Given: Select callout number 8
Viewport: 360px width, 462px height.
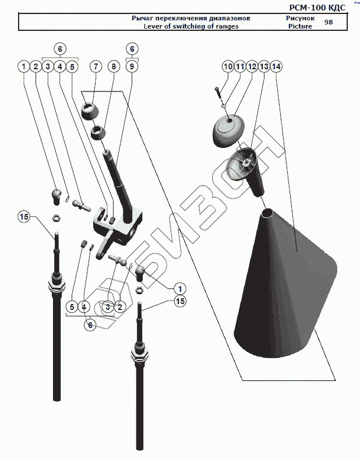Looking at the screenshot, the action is tap(114, 66).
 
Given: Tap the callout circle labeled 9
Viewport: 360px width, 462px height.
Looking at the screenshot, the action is tap(132, 66).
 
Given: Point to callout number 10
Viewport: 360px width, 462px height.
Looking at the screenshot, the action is tap(227, 67).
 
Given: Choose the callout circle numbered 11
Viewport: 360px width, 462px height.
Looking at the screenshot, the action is tap(239, 67).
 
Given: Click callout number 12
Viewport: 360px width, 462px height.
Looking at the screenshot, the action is tap(252, 67).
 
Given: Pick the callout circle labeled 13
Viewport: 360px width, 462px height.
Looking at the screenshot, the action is tap(264, 67).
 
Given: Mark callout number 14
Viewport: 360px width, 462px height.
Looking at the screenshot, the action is tap(276, 67).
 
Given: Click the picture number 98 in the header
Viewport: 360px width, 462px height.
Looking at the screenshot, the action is tap(329, 22).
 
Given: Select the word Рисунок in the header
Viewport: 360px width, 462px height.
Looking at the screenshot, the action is tap(301, 18).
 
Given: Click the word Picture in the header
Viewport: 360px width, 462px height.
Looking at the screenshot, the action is tap(301, 26).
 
